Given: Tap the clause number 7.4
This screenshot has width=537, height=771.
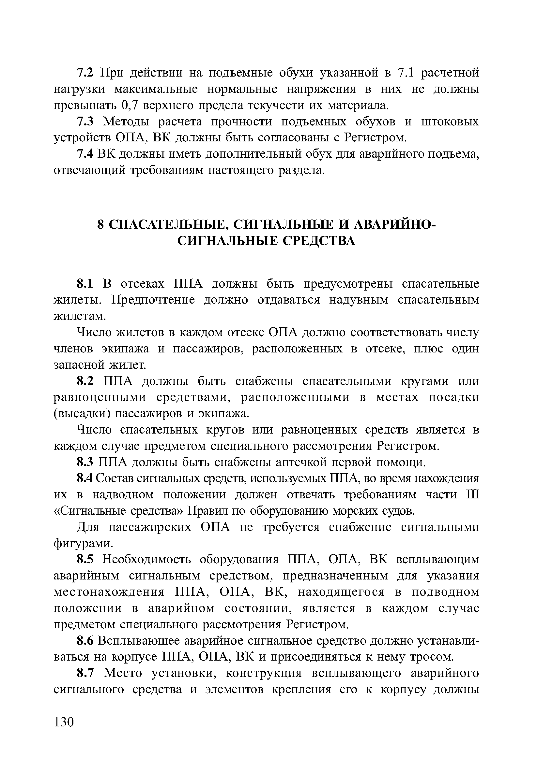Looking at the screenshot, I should (84, 154).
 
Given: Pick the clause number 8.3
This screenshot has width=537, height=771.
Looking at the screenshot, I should (84, 463).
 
